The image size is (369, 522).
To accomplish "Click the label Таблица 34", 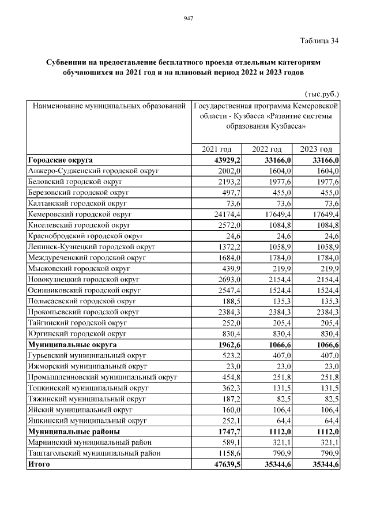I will pyautogui.click(x=319, y=41).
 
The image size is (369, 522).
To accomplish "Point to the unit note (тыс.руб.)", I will pyautogui.click(x=321, y=94).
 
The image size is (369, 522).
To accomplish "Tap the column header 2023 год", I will pyautogui.click(x=317, y=149).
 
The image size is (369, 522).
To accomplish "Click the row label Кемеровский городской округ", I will pyautogui.click(x=80, y=214).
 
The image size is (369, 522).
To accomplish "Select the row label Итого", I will pyautogui.click(x=39, y=463).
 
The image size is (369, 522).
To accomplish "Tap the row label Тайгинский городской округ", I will pyautogui.click(x=77, y=322).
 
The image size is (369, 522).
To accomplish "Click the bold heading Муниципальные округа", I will pyautogui.click(x=72, y=344).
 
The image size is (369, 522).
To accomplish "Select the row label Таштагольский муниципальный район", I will pyautogui.click(x=95, y=453).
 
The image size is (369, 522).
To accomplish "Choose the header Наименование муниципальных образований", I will pyautogui.click(x=109, y=107).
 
